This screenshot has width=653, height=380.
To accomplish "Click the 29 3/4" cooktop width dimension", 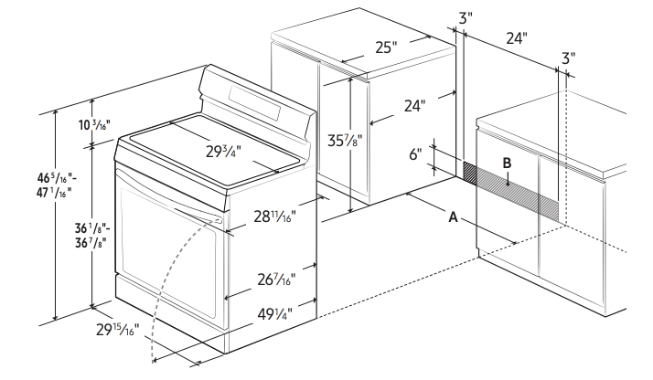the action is click(x=223, y=152).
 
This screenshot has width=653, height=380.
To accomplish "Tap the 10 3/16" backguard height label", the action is click(x=94, y=124).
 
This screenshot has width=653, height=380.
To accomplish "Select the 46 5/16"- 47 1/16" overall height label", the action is click(x=57, y=185).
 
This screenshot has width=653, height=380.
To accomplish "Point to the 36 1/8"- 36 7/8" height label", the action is click(x=92, y=236).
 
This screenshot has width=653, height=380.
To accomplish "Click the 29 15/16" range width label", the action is click(x=117, y=330).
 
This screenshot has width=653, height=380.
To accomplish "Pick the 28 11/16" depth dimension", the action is click(x=274, y=216).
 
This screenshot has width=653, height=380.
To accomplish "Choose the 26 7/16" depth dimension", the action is click(x=276, y=280).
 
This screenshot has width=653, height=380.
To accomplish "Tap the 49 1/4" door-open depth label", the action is click(x=274, y=314).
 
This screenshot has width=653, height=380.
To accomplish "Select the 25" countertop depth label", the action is click(x=384, y=47).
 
